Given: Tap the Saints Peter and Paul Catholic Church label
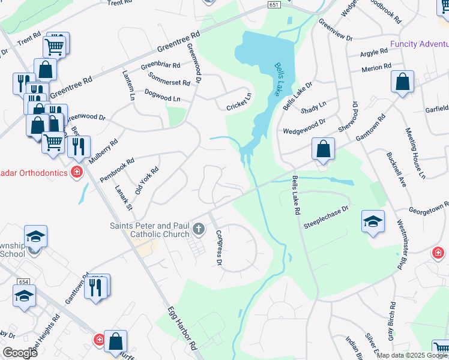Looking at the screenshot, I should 149,230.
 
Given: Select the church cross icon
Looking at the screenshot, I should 199,229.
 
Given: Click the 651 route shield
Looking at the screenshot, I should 274,4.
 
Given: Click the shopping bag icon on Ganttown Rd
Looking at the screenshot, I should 324,150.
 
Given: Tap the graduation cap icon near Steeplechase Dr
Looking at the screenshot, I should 373,221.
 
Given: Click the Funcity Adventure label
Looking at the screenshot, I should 419,44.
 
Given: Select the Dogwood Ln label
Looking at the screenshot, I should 162,95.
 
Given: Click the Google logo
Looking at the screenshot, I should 20,352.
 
